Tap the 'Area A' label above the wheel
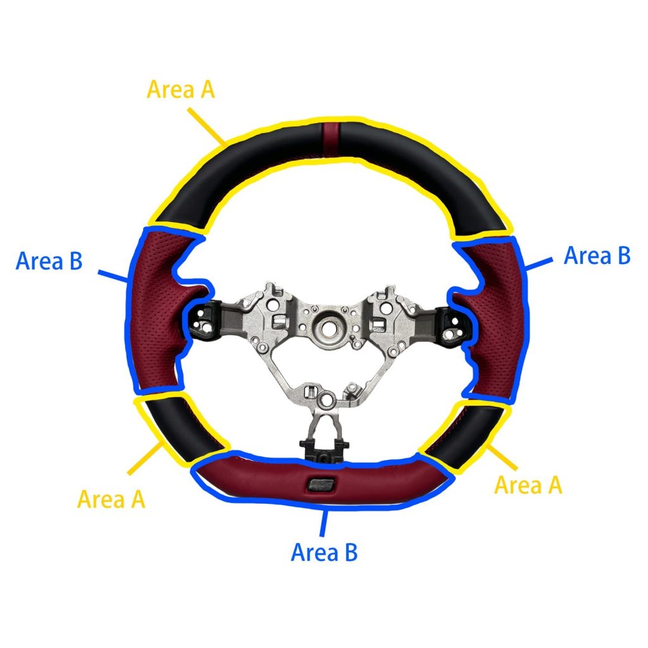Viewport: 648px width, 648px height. coord(181,89)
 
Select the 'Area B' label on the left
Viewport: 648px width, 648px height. coord(49,261)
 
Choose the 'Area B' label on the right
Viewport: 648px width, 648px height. coord(597,255)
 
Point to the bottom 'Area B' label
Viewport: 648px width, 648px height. coord(325,552)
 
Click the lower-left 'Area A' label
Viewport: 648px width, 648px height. coord(111,499)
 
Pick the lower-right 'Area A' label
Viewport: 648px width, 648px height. coord(528,485)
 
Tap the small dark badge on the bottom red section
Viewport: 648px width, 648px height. coord(321,484)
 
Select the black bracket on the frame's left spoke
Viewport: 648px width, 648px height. coord(204,319)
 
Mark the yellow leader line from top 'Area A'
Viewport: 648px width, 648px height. coord(208,127)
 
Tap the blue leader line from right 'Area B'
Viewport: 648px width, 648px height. coord(539,263)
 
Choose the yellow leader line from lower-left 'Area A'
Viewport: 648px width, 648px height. coord(145,458)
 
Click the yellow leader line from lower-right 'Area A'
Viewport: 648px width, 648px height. coord(502,457)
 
